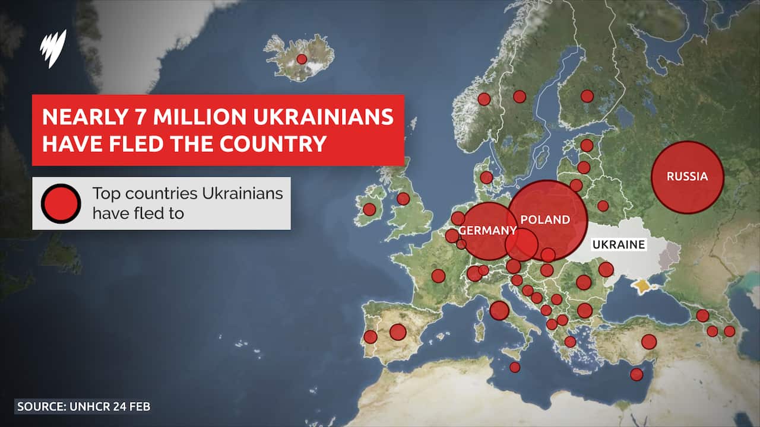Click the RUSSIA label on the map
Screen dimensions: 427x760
tap(687, 176)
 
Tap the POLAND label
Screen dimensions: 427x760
tap(544, 220)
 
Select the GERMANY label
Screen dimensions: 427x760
tap(487, 231)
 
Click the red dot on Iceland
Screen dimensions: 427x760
tap(302, 59)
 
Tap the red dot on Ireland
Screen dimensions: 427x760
tap(369, 209)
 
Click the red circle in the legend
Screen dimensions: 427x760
tap(61, 203)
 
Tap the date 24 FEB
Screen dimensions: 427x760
tap(131, 407)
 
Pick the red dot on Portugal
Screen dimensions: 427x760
tap(370, 337)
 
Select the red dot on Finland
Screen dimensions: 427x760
tap(587, 96)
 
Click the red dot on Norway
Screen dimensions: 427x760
tap(484, 99)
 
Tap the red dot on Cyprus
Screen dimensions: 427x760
tap(636, 374)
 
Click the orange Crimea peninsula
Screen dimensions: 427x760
tap(641, 286)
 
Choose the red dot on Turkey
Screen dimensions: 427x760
tap(649, 342)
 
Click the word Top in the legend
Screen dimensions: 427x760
tap(104, 194)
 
